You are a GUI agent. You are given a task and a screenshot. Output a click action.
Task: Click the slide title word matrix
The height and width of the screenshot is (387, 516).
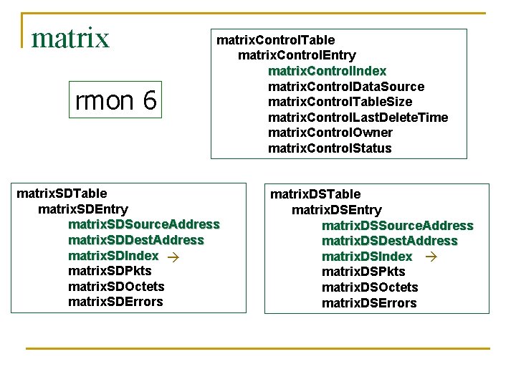tap(70, 37)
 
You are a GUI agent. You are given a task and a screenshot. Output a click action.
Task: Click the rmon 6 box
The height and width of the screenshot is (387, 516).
tap(116, 101)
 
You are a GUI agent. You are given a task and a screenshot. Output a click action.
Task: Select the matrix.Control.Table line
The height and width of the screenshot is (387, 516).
tap(275, 39)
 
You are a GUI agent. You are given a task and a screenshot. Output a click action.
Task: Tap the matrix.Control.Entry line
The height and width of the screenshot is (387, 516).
tap(297, 55)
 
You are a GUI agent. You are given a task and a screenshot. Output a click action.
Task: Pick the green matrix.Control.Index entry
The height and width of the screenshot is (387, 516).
tap(327, 71)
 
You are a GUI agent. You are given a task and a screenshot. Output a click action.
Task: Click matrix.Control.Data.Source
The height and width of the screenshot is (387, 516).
tap(345, 87)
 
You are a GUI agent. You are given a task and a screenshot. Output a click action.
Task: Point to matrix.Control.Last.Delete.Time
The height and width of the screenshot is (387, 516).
tap(358, 118)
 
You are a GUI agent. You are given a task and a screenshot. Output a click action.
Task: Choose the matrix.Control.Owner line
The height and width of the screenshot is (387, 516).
tap(330, 133)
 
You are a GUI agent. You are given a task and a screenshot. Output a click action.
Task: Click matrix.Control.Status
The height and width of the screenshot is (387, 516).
tap(330, 148)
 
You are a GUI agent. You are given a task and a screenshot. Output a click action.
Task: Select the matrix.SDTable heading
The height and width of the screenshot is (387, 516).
tap(62, 193)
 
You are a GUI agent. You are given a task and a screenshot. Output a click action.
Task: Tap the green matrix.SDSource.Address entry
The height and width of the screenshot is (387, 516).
tap(143, 224)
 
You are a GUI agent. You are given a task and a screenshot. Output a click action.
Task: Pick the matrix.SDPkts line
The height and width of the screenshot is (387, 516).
tap(110, 271)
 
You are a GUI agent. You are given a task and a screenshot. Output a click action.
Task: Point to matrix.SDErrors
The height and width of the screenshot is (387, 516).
tap(115, 302)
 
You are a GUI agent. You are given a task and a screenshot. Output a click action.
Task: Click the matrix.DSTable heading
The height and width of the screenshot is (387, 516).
tap(315, 194)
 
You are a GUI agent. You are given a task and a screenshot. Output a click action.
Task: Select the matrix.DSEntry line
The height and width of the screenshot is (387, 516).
tap(336, 210)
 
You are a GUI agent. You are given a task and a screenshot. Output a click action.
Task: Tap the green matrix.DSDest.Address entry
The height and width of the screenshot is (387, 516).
tap(389, 241)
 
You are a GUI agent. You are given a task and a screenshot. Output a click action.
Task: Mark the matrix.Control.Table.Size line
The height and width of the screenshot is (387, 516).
tap(345, 102)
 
